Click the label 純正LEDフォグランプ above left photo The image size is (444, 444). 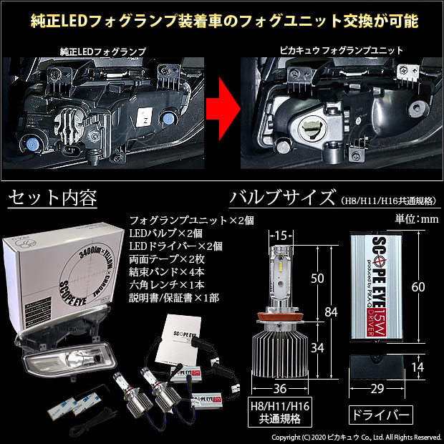[105, 52]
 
